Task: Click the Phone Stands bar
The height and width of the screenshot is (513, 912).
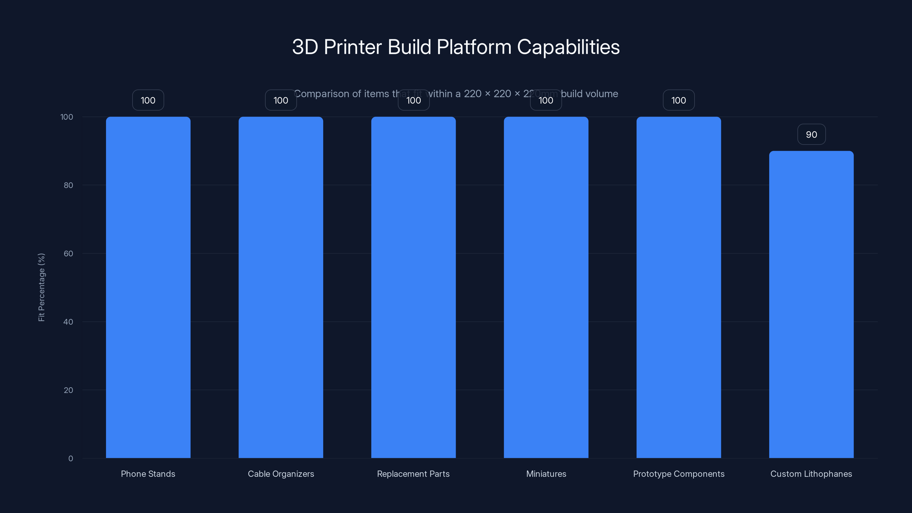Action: point(148,287)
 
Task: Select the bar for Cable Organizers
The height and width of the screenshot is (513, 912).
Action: point(281,287)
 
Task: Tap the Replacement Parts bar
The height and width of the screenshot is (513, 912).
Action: point(413,287)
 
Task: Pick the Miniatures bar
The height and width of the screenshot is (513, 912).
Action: point(546,287)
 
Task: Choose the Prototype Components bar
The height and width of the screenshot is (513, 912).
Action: point(678,287)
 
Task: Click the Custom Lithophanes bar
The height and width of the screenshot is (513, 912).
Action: point(811,304)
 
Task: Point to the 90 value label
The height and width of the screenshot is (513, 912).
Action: point(811,135)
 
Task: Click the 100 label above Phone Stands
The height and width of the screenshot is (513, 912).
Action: point(148,100)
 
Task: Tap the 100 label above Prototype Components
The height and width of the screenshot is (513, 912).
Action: point(678,100)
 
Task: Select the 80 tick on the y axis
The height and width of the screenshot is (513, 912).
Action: point(68,185)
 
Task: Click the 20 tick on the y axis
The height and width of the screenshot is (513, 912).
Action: point(68,390)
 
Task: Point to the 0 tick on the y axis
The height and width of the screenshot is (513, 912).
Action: point(70,459)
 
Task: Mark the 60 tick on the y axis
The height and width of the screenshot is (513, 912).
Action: point(68,253)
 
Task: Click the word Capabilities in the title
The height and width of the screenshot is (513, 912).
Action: point(568,47)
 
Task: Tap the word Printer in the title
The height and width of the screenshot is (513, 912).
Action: point(353,47)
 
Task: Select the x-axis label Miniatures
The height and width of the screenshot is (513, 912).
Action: point(546,474)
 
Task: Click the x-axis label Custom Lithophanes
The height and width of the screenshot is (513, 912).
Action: point(811,474)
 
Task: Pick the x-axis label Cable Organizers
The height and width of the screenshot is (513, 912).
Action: point(281,474)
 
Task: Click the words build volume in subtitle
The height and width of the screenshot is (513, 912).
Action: point(589,94)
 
